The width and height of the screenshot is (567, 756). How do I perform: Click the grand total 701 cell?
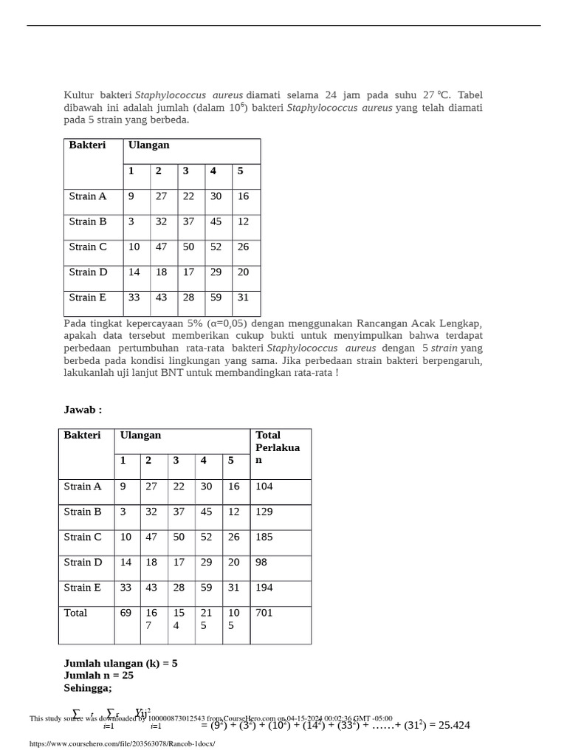(264, 613)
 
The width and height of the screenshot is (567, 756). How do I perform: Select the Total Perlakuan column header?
(278, 447)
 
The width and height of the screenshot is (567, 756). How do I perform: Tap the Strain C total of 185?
(264, 537)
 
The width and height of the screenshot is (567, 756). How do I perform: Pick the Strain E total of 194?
(264, 588)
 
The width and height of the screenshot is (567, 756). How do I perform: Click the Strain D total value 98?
(262, 563)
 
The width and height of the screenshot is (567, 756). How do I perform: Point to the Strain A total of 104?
(264, 487)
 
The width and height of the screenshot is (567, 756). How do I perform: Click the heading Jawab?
(83, 410)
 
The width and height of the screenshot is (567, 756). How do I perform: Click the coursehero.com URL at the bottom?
(122, 743)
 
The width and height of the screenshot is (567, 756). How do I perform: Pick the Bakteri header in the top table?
(87, 145)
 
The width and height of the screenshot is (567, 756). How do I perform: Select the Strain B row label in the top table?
(88, 221)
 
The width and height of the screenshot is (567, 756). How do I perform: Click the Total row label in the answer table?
(75, 613)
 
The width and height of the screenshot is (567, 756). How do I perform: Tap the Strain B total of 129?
(264, 512)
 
